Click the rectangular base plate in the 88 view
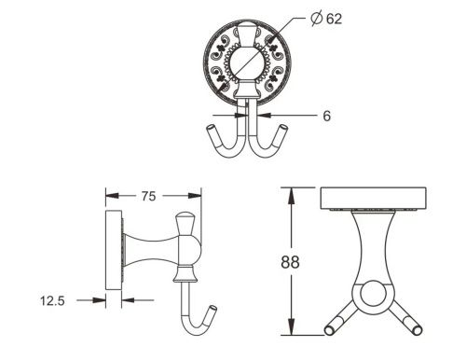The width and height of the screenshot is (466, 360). [369, 199]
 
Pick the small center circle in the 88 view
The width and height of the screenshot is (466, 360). [370, 296]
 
